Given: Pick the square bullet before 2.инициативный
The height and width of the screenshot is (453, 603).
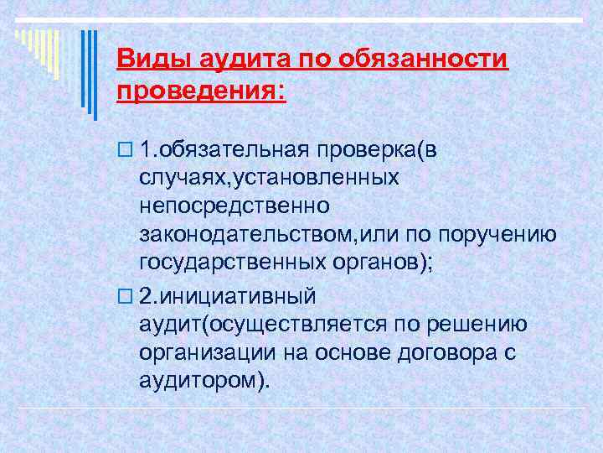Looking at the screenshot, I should coord(125,297).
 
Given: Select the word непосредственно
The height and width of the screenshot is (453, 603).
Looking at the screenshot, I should coord(235,205).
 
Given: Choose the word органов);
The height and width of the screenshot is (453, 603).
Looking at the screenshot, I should coord(379,262).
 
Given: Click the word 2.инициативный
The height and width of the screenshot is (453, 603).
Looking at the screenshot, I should coord(228,296).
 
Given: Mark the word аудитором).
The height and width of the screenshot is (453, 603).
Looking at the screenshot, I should coord(205,382).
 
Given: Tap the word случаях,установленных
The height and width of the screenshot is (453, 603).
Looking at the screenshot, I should coord(269,179).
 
